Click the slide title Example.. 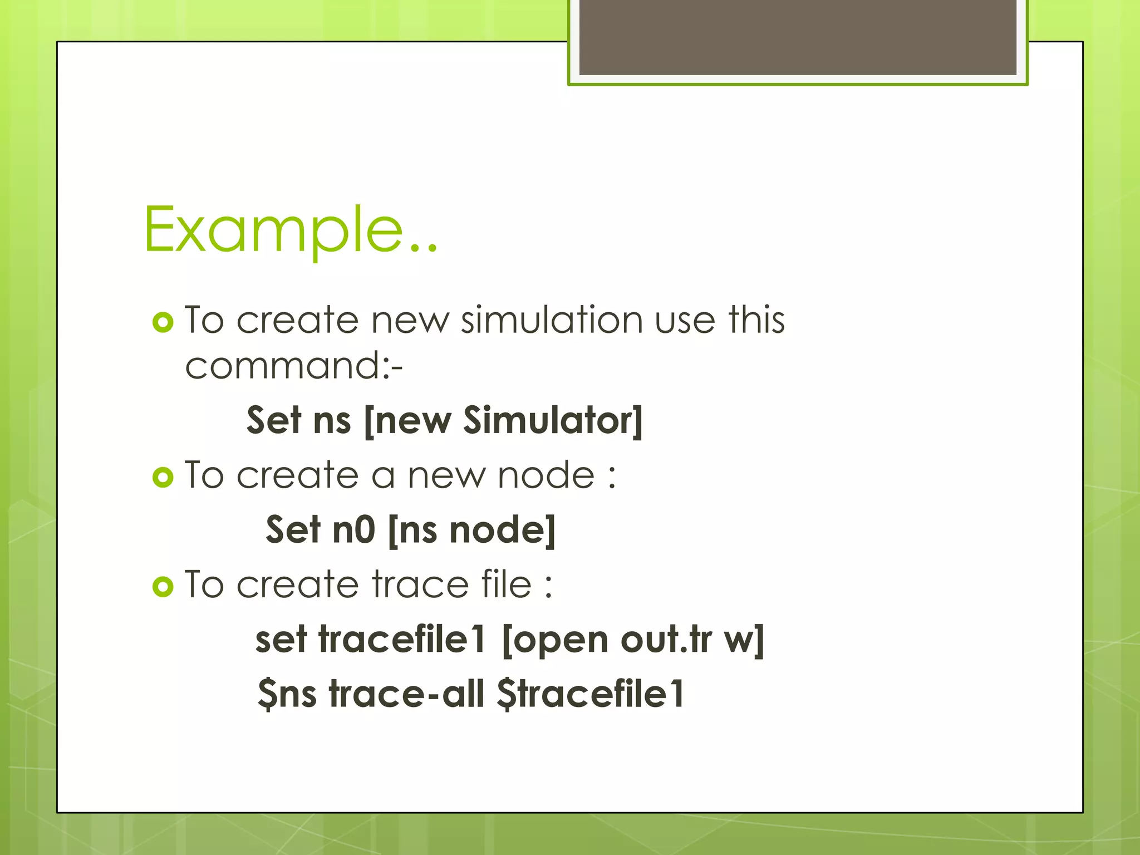(x=290, y=229)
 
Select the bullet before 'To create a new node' (x=163, y=477)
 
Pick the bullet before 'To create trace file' (x=163, y=586)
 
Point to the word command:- (x=293, y=367)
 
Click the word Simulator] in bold (x=553, y=420)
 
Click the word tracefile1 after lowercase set (x=402, y=639)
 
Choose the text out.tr (x=666, y=639)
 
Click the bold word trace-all (x=406, y=694)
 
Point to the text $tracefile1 (x=591, y=694)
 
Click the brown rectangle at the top (x=798, y=37)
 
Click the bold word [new (x=407, y=420)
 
